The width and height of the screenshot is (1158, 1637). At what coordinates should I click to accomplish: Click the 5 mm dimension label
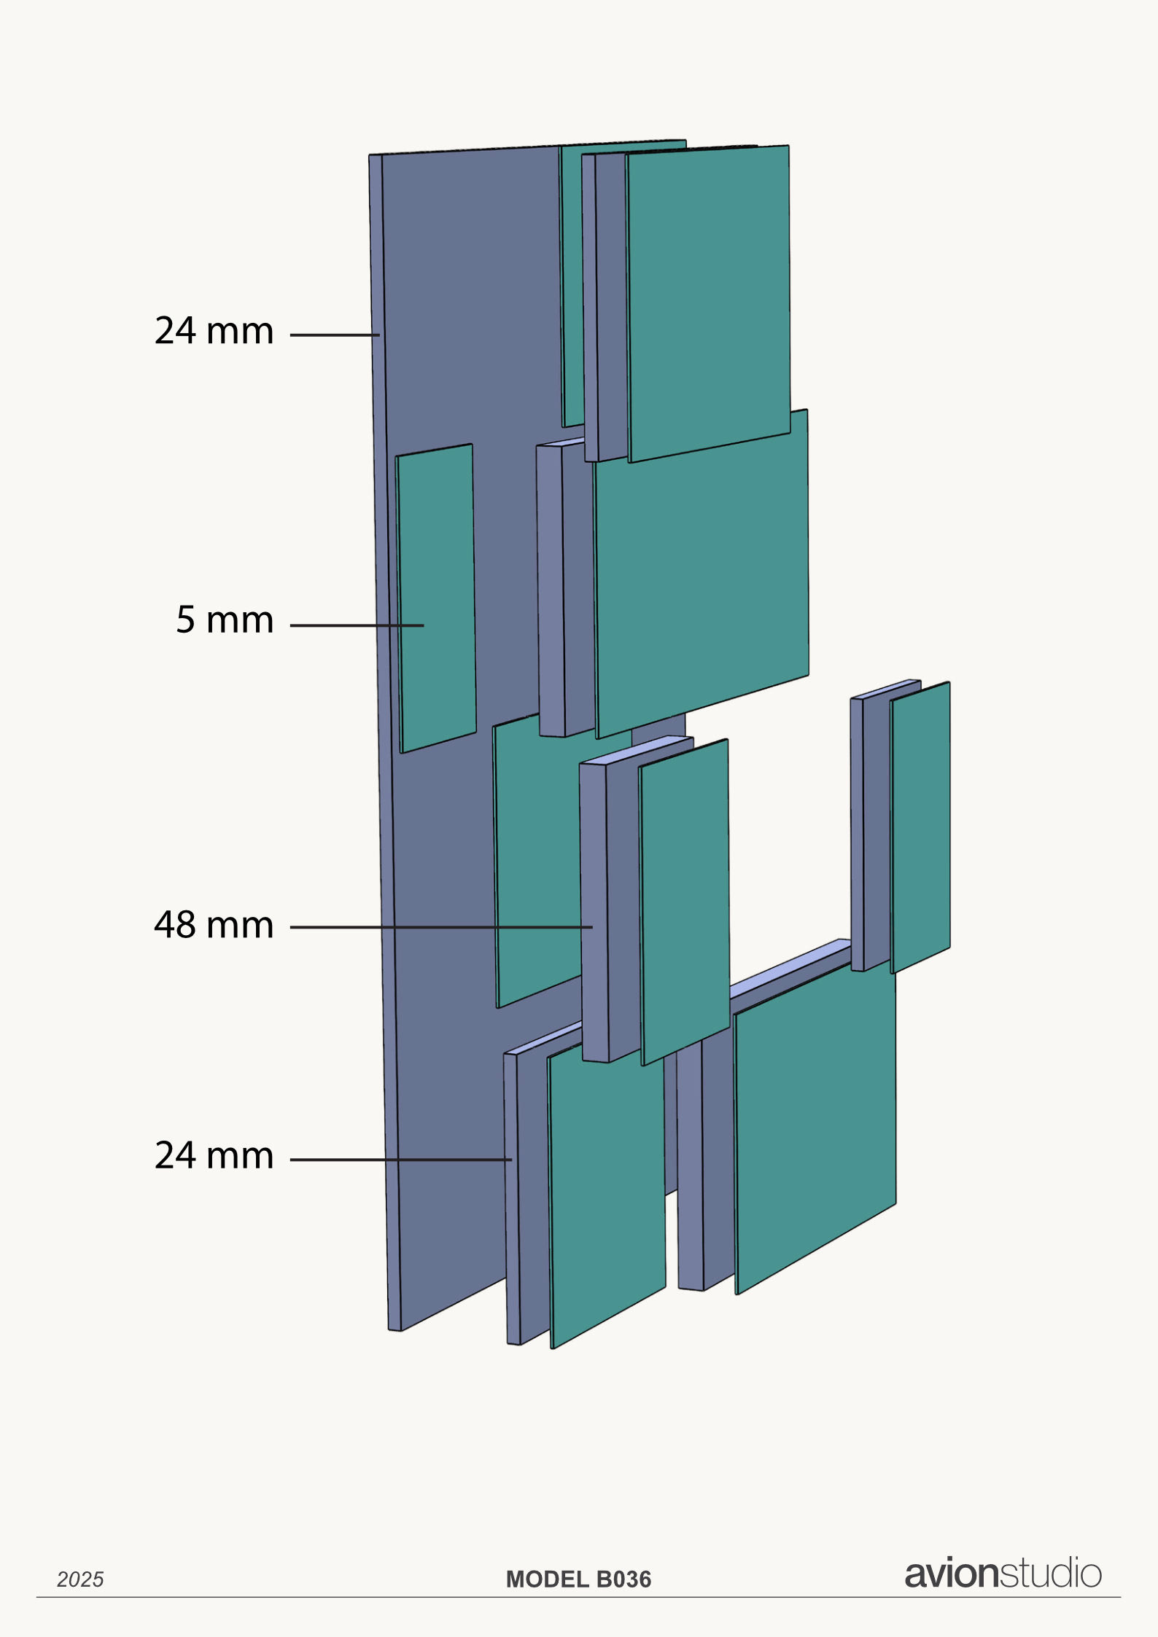point(225,620)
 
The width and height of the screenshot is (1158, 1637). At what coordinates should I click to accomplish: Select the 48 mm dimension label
point(214,925)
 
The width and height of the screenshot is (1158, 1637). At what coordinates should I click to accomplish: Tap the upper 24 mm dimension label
point(214,331)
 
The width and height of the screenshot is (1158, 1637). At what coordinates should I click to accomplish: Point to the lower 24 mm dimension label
point(214,1156)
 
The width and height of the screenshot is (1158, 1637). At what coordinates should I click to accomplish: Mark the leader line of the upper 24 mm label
point(335,335)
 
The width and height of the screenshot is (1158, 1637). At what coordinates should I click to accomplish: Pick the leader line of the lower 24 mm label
point(400,1160)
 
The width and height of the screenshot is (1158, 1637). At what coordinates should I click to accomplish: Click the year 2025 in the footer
point(80,1579)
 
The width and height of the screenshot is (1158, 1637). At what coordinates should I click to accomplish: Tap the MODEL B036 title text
point(578,1579)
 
